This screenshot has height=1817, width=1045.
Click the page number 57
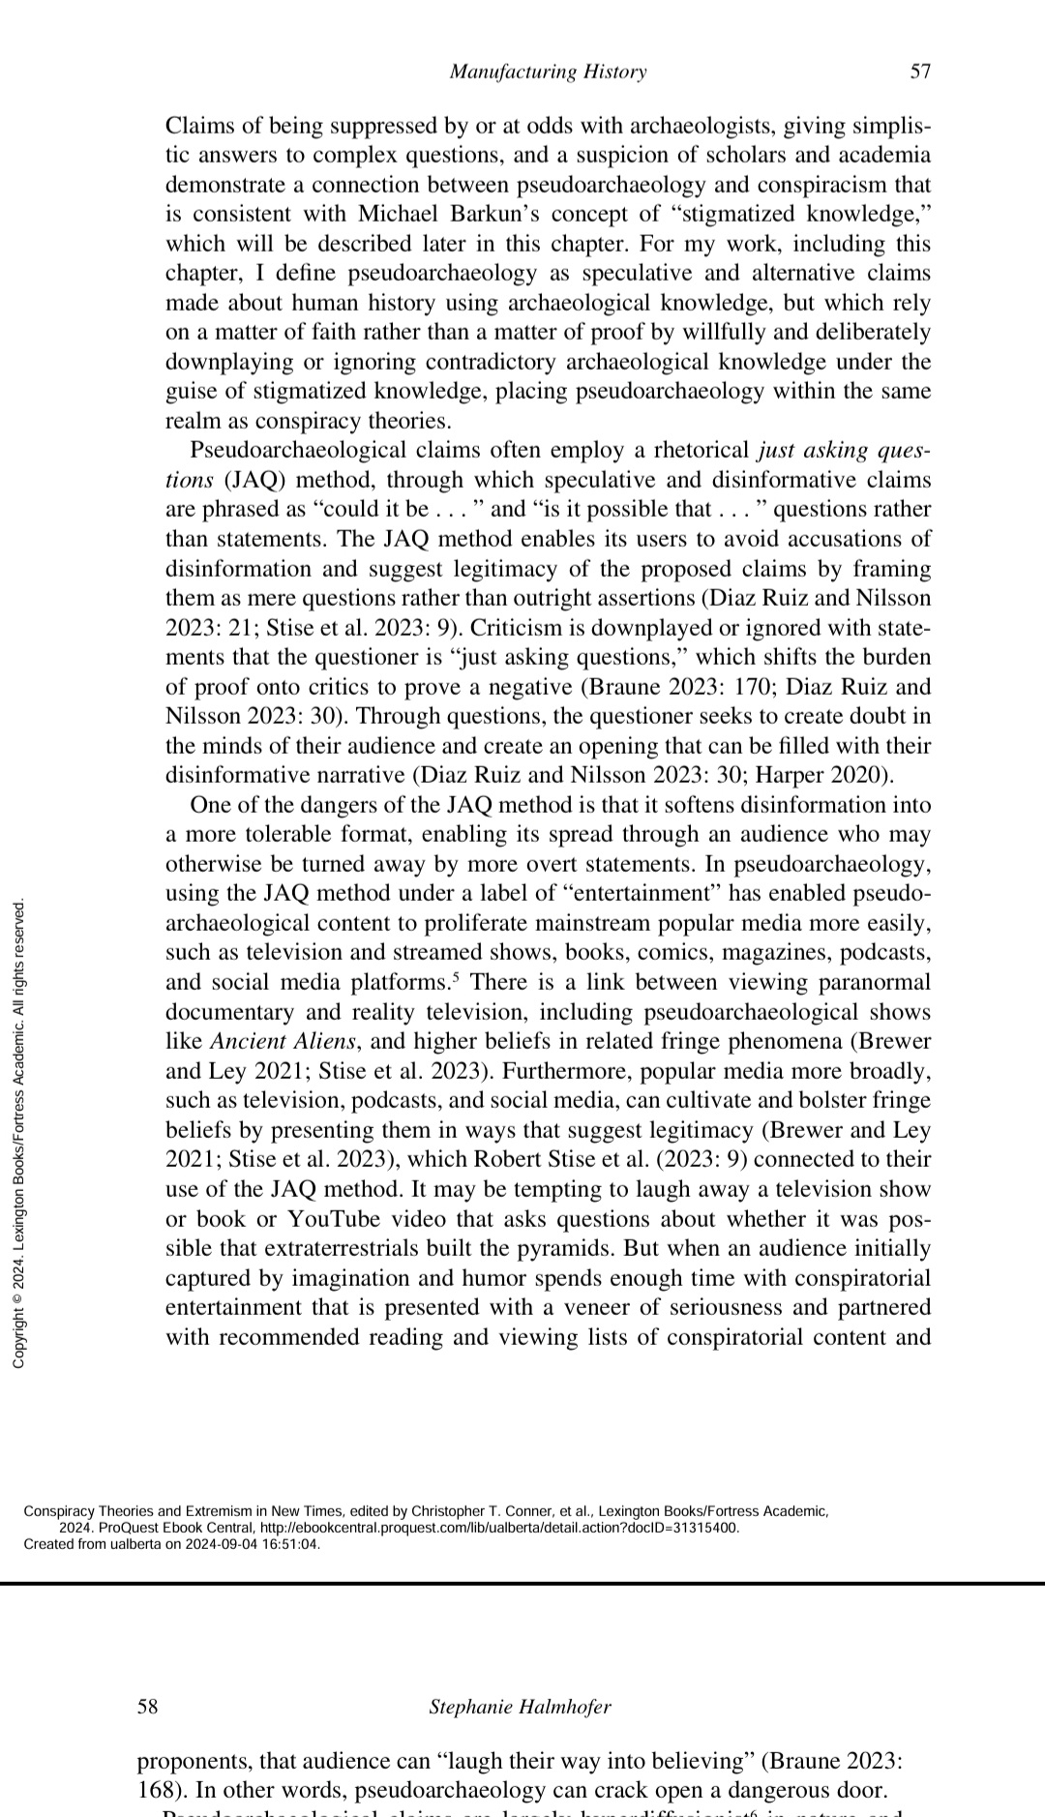[x=920, y=72]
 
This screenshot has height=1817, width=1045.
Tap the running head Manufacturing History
[x=549, y=72]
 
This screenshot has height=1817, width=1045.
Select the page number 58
[x=147, y=1706]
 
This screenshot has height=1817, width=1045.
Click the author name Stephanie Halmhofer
[x=521, y=1707]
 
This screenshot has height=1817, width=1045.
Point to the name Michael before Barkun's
[x=399, y=214]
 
